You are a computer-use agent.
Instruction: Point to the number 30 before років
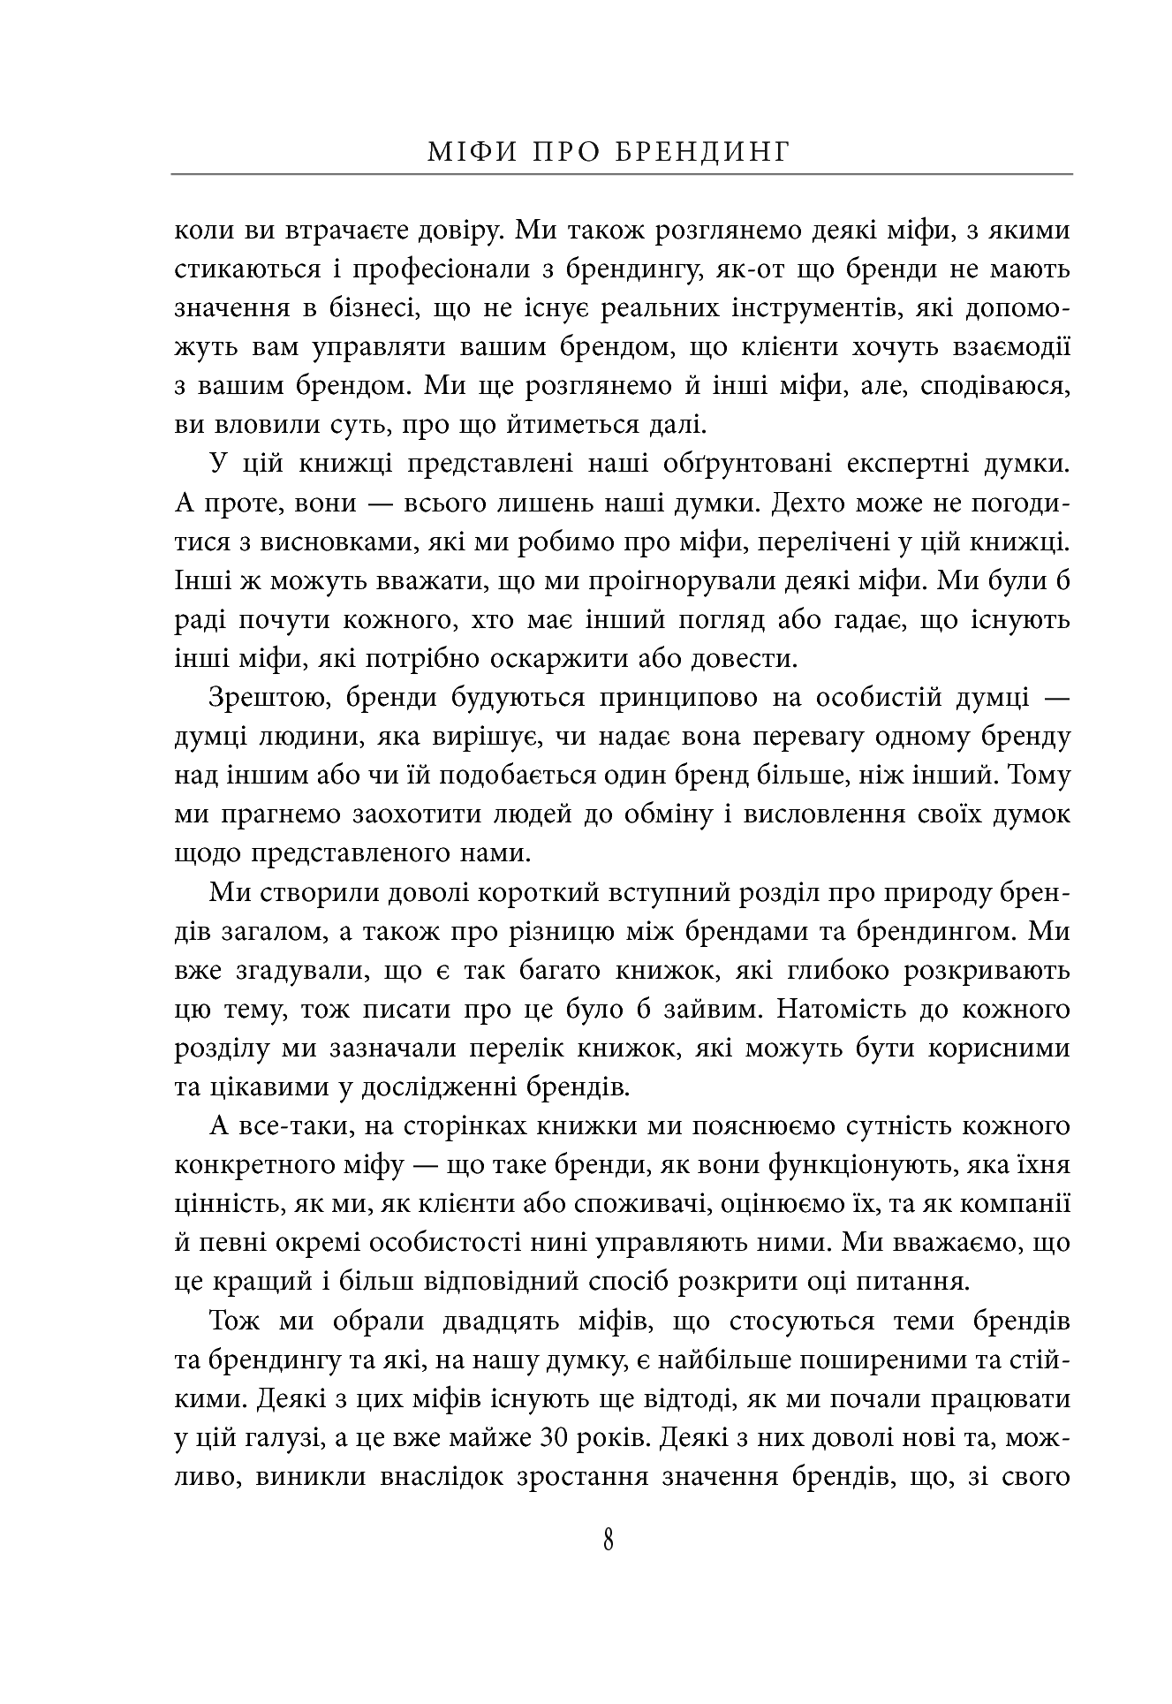coord(556,1438)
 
